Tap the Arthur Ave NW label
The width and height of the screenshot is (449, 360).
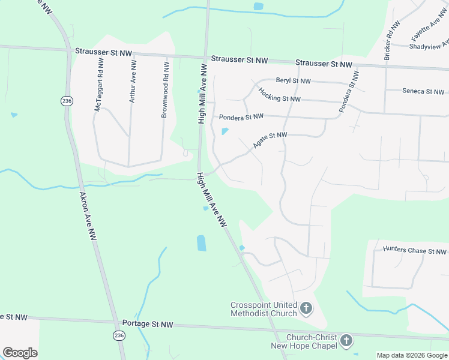[132, 85]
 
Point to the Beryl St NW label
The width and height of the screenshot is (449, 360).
[293, 80]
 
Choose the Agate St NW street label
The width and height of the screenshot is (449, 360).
[269, 140]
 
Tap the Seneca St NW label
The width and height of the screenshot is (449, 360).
[423, 92]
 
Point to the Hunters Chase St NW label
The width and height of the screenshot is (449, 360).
[415, 251]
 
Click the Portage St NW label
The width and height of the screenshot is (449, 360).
[147, 324]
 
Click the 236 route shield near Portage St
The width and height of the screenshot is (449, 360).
[119, 336]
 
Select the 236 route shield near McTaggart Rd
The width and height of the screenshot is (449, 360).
[66, 101]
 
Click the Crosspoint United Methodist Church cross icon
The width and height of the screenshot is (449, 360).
[306, 309]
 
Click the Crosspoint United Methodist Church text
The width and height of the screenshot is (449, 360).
[264, 309]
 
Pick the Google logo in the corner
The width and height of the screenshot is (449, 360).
[20, 353]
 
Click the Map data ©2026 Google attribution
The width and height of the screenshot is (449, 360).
[412, 355]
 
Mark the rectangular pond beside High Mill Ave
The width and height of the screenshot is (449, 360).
[201, 243]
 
